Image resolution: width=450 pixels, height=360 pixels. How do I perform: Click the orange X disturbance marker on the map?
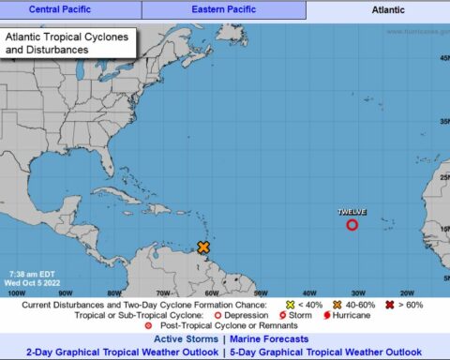point(203,247)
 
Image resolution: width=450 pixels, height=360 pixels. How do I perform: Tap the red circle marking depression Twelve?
point(352,225)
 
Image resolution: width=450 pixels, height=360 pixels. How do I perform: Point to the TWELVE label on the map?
point(352,212)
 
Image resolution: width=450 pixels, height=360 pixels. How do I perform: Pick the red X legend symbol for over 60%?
point(389,305)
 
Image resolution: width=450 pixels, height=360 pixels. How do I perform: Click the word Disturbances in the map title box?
point(50,50)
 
